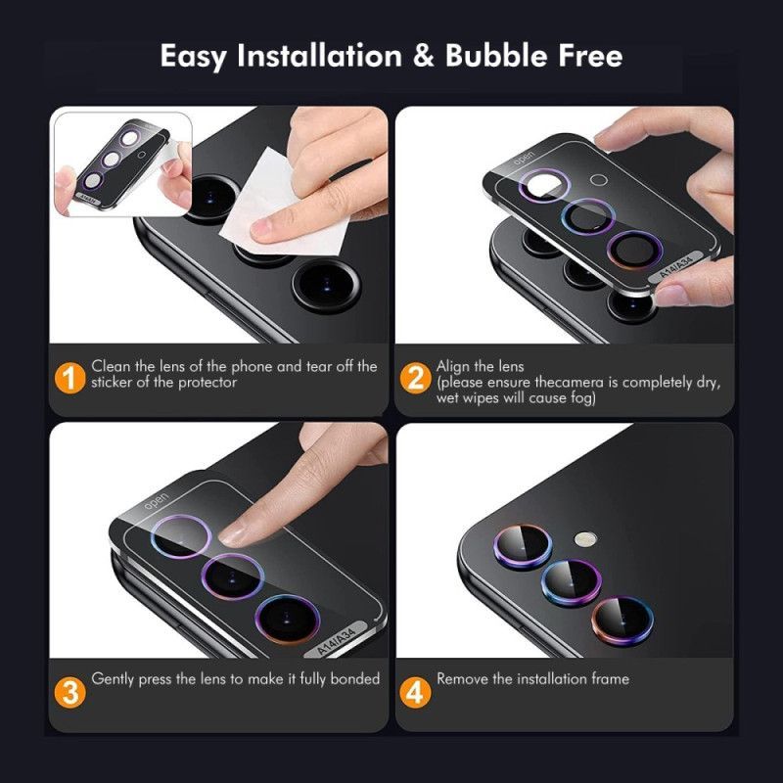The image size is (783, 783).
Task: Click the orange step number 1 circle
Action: [69, 376]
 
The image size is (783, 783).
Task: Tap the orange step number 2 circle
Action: [415, 376]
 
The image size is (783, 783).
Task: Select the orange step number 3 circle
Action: [69, 692]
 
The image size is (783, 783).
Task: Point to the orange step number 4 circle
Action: [415, 692]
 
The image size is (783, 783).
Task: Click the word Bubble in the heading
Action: [497, 56]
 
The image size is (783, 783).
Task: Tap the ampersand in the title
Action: [423, 56]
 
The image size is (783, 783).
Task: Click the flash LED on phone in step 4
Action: [585, 537]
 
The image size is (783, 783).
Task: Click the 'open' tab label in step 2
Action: [525, 159]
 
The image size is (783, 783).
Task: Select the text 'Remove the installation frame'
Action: [532, 678]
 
